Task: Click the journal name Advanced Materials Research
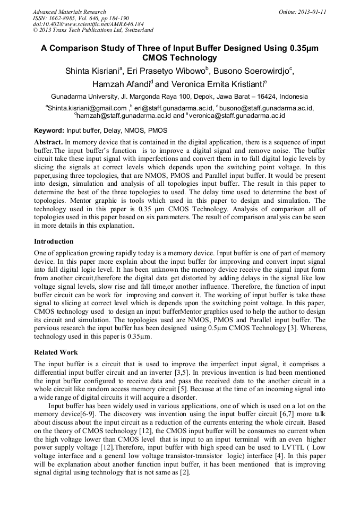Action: (69, 12)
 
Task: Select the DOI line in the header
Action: (88, 24)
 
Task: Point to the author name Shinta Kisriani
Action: (93, 71)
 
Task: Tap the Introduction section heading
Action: (54, 241)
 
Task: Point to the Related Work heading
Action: (56, 352)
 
